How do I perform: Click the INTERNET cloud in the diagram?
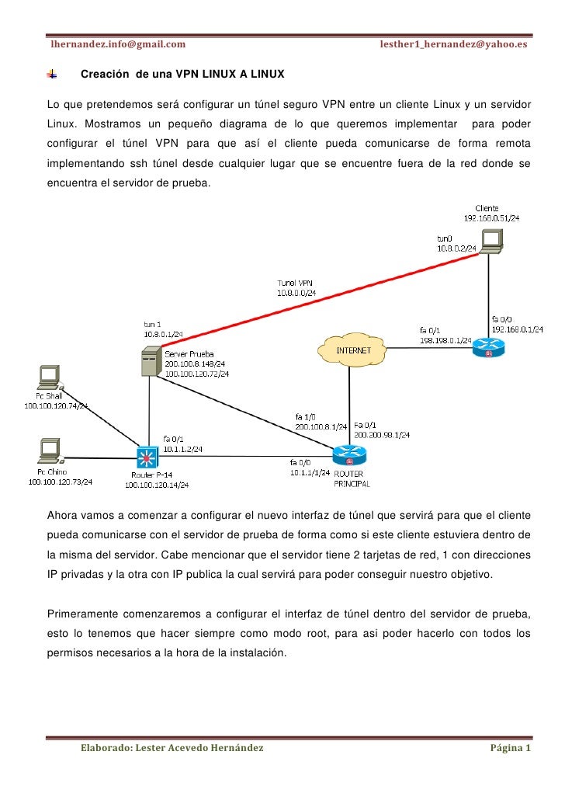[x=353, y=350]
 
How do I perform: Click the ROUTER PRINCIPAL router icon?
[x=345, y=454]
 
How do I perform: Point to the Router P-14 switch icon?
[x=145, y=455]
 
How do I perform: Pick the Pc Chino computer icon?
[x=50, y=450]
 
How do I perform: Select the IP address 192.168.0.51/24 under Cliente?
[x=492, y=218]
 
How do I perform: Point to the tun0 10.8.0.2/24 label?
[x=455, y=242]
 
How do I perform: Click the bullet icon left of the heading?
[x=53, y=75]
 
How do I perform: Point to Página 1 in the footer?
[x=510, y=749]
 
